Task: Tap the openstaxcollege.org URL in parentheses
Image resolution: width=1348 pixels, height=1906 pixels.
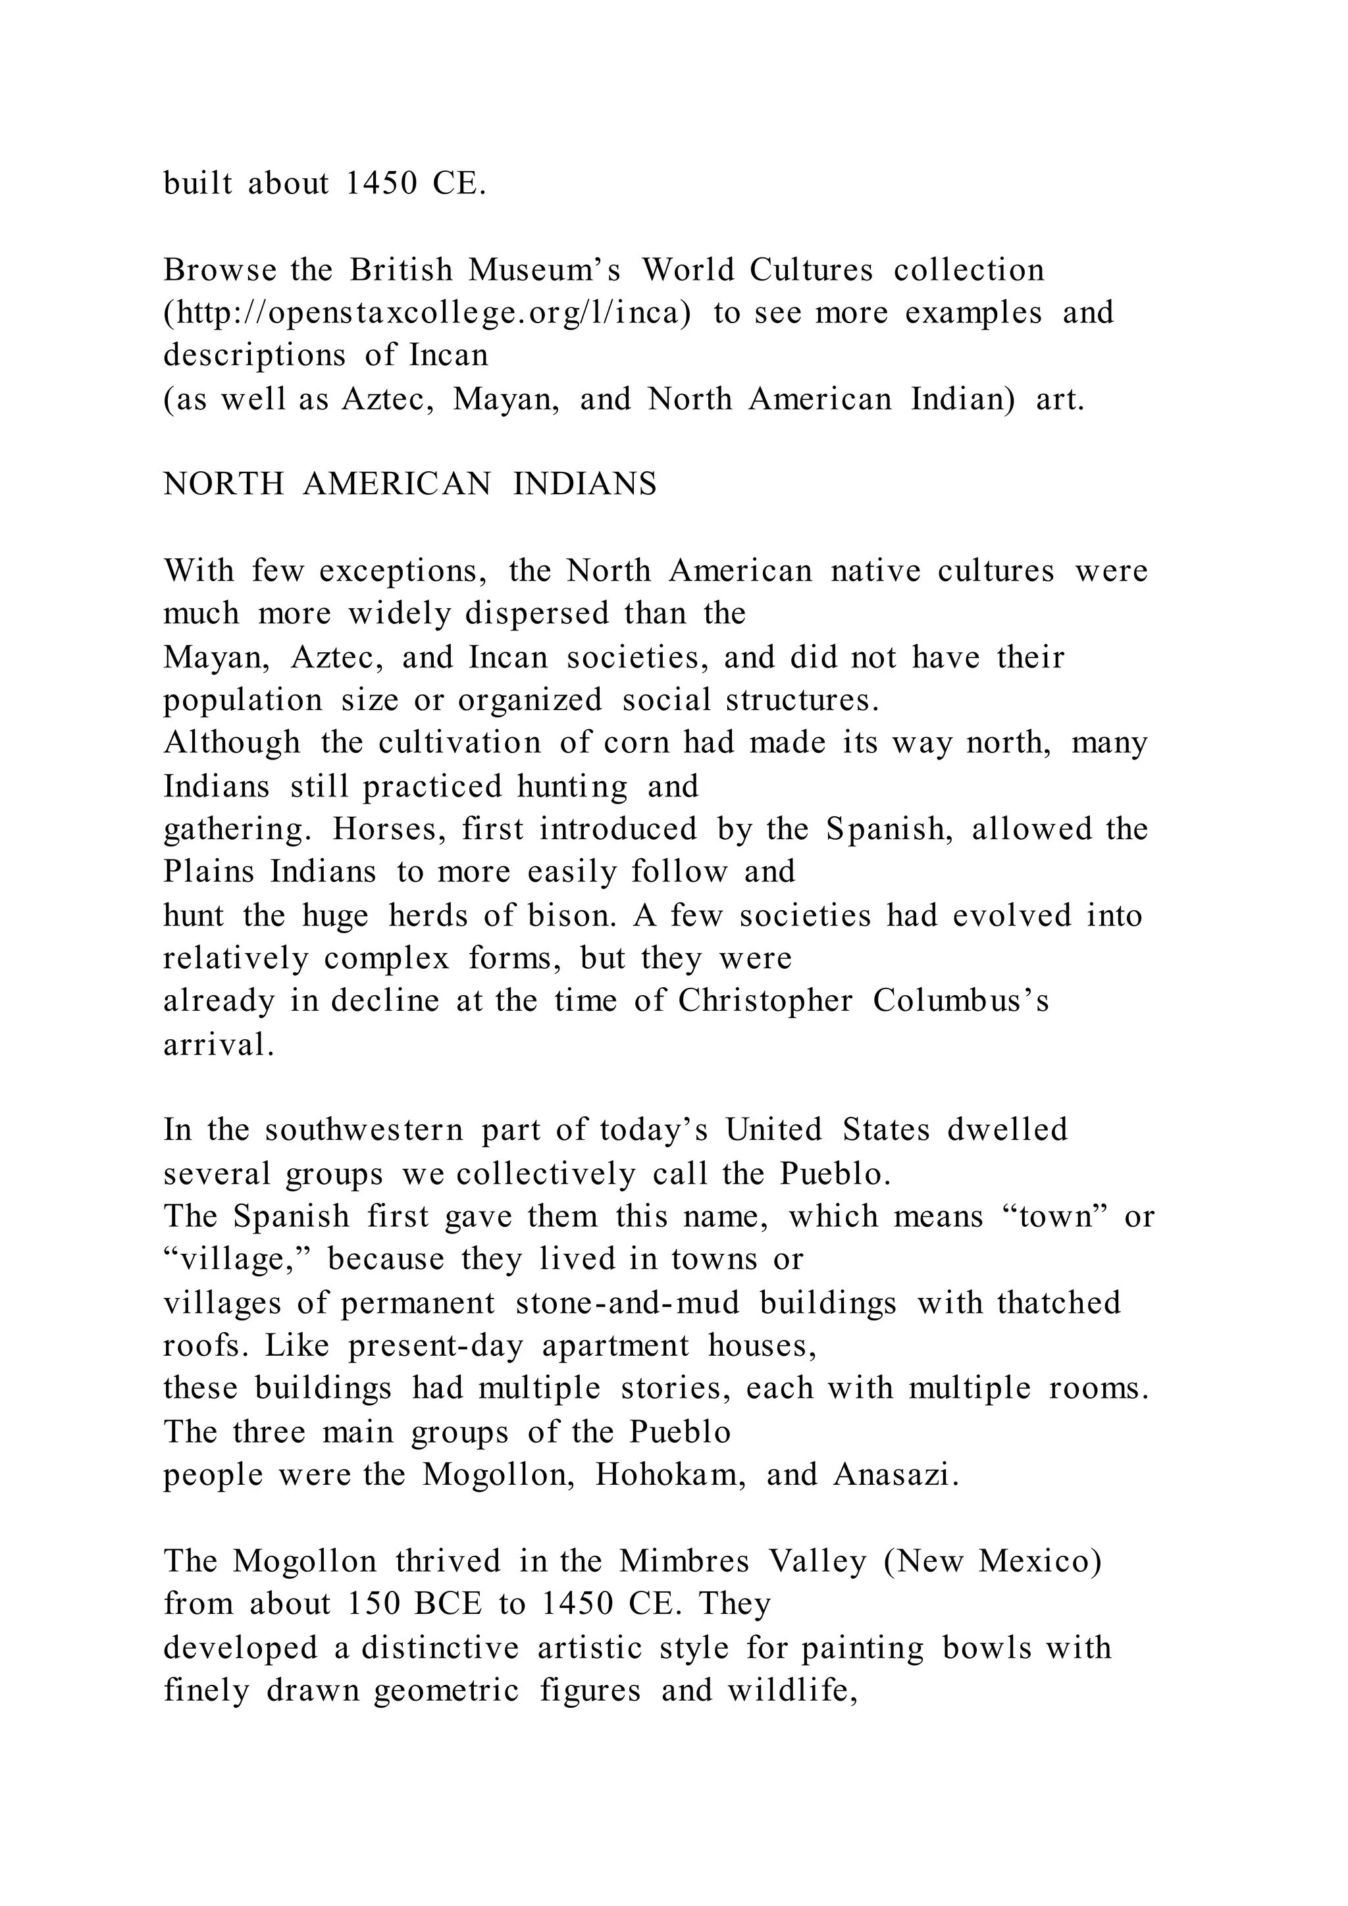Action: (427, 314)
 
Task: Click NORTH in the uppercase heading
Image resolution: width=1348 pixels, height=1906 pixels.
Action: (223, 484)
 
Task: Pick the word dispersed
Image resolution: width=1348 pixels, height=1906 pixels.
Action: (537, 614)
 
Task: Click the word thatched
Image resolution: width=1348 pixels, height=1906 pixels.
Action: (1059, 1303)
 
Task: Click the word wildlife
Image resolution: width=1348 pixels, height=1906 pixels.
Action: (792, 1690)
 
